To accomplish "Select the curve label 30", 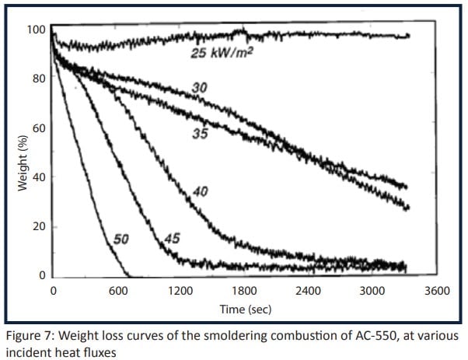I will (200, 89).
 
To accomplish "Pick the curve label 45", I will (172, 238).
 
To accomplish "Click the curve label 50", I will (120, 239).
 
